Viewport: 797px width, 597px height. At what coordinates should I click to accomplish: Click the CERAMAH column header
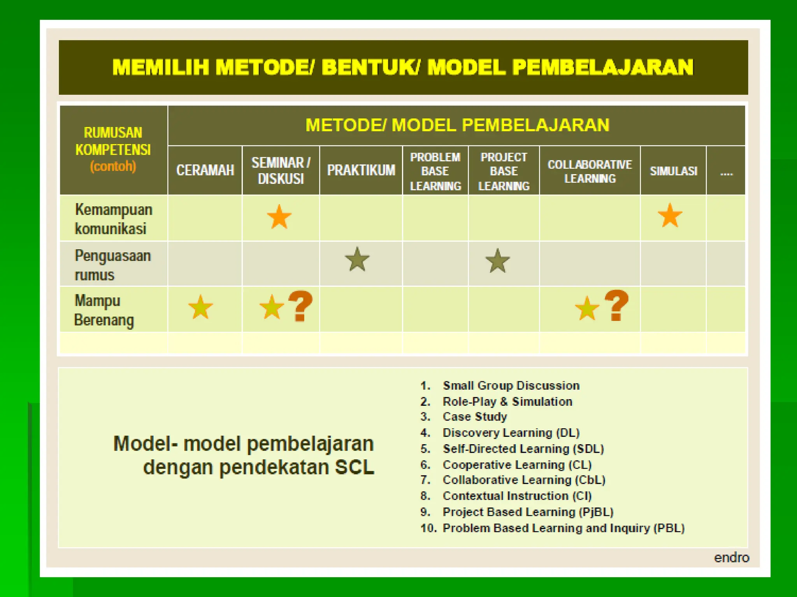pyautogui.click(x=205, y=170)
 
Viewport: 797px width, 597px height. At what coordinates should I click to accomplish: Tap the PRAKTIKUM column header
pyautogui.click(x=361, y=170)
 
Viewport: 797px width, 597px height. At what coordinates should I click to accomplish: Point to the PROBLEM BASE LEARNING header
pyautogui.click(x=435, y=171)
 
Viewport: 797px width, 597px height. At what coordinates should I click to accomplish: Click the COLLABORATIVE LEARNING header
pyautogui.click(x=590, y=171)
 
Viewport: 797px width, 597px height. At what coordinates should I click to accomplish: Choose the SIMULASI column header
pyautogui.click(x=673, y=171)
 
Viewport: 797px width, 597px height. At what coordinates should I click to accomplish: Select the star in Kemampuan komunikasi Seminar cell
pyautogui.click(x=279, y=217)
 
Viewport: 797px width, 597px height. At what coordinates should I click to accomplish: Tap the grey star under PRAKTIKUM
pyautogui.click(x=357, y=259)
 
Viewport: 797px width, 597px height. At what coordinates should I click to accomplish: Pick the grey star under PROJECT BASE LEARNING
pyautogui.click(x=497, y=261)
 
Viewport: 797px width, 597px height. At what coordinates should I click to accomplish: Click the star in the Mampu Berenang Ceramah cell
pyautogui.click(x=200, y=307)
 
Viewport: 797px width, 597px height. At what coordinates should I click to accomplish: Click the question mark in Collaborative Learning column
pyautogui.click(x=616, y=305)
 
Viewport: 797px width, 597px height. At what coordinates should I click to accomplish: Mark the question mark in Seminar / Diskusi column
pyautogui.click(x=300, y=306)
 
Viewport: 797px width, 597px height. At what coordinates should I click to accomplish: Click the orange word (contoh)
pyautogui.click(x=113, y=166)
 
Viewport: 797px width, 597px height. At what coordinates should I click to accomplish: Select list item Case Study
pyautogui.click(x=474, y=417)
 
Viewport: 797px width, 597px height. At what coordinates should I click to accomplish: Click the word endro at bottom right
pyautogui.click(x=731, y=557)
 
